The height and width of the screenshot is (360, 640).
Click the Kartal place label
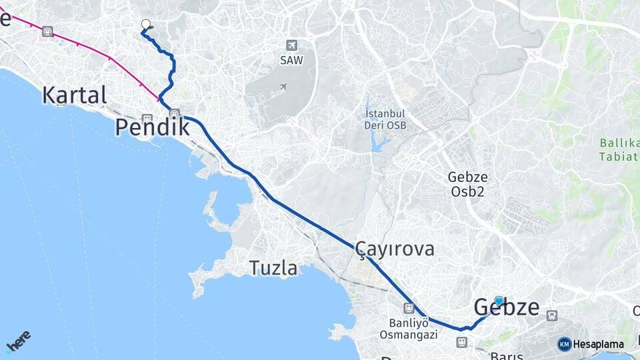click(x=74, y=95)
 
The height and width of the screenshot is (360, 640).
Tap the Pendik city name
click(x=152, y=127)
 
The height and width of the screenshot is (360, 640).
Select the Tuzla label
click(x=273, y=268)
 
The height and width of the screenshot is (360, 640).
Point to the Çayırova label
click(x=395, y=249)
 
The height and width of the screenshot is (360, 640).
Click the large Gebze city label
click(x=507, y=307)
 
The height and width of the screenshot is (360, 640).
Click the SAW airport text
click(x=291, y=61)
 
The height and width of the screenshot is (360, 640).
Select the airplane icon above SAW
click(x=291, y=45)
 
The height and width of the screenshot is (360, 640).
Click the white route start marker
click(x=146, y=25)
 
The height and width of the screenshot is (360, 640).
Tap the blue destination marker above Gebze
click(x=499, y=301)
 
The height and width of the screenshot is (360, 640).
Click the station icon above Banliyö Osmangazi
click(x=409, y=308)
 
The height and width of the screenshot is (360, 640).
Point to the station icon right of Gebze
click(x=552, y=315)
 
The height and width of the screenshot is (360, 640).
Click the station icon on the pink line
click(x=47, y=31)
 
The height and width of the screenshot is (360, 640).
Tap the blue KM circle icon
click(x=565, y=344)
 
